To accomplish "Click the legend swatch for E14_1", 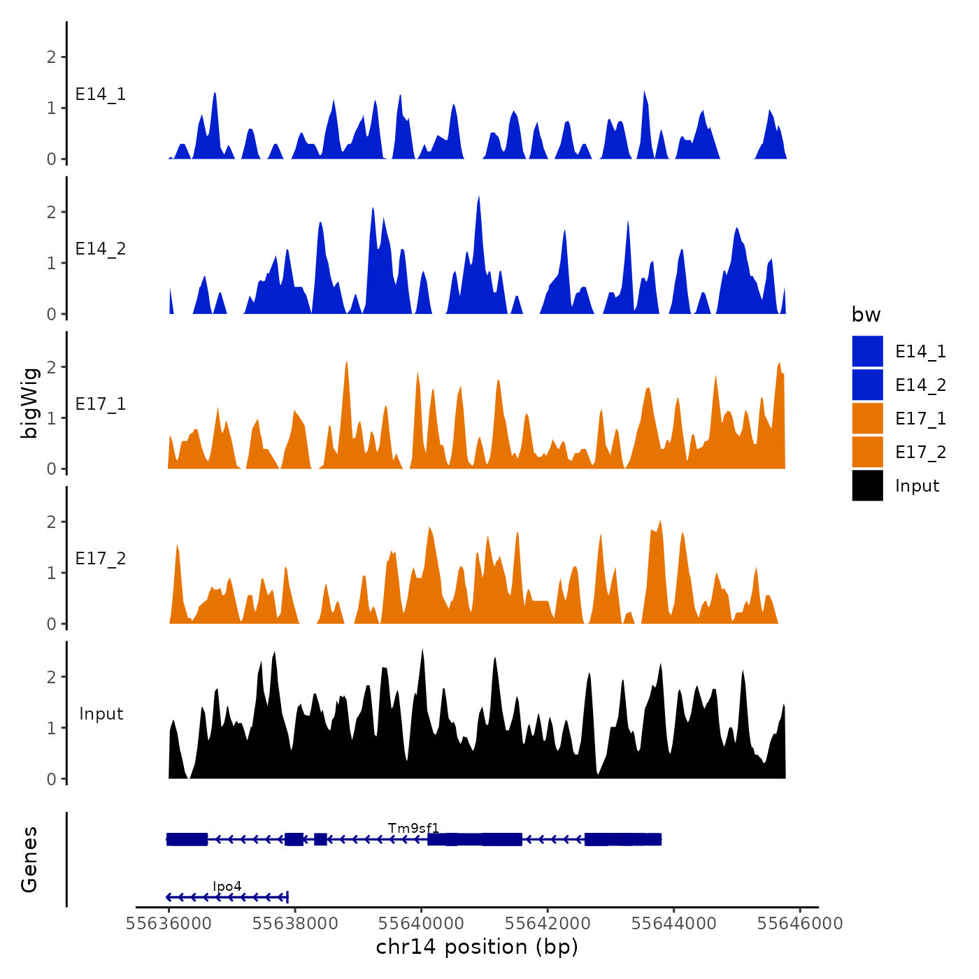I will coord(867,351).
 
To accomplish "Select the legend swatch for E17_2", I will coord(867,452).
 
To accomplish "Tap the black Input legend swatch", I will coord(867,485).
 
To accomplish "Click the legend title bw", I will coord(866,315).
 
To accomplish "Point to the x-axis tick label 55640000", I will coord(421,924).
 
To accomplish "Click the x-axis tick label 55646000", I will coord(800,924).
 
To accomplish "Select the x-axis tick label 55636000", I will coord(169,924).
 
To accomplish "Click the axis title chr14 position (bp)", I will coord(477,947).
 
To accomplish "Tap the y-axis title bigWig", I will coord(29,403).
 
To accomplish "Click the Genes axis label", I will coord(29,859).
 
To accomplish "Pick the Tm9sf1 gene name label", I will coord(413,829).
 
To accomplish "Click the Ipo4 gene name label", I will coord(227,887).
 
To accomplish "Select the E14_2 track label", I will coord(101,249).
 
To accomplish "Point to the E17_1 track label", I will coord(101,404).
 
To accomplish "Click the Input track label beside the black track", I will coord(101,714).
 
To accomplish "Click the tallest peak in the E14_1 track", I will coord(644,92).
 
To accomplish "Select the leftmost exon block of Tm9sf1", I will coord(187,839).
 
